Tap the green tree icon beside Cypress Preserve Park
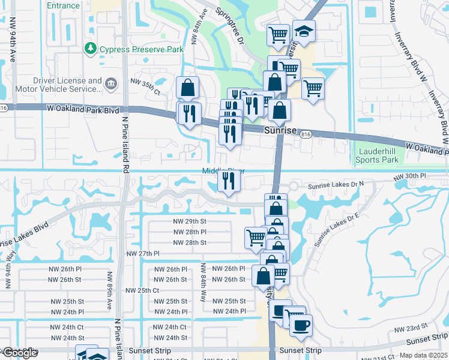[x=91, y=47]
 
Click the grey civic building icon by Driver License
[x=110, y=85]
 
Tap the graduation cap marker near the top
[x=304, y=32]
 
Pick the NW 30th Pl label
[x=410, y=176]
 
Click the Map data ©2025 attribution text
[x=423, y=355]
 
